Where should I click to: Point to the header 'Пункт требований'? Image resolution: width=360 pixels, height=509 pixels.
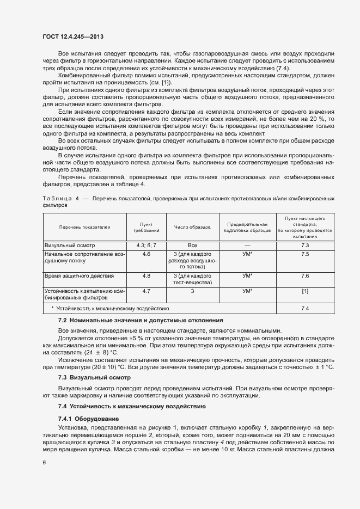pos(147,227)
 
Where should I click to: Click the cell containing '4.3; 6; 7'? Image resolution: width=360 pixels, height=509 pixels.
pos(147,246)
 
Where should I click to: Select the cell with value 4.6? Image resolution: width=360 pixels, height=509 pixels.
pos(147,254)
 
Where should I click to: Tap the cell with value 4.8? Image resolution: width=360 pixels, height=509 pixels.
pos(147,276)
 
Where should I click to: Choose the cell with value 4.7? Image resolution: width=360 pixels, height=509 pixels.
pos(147,291)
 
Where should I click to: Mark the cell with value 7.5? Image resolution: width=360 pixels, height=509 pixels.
pos(305,254)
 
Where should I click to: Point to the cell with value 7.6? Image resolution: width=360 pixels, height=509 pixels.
pos(305,276)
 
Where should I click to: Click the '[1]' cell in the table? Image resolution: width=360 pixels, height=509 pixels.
pos(305,291)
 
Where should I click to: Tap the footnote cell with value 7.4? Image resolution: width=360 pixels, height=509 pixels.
pos(305,309)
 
